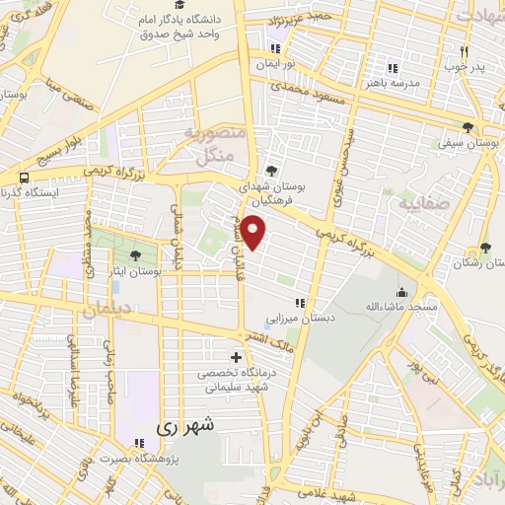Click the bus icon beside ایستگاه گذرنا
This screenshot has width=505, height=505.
(24, 178)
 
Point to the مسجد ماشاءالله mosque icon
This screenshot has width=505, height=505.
(401, 293)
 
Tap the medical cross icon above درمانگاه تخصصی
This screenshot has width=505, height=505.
(235, 357)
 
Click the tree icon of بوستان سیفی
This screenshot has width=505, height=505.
(468, 127)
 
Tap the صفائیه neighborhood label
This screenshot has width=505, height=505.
(421, 206)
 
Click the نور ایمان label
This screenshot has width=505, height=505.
(276, 63)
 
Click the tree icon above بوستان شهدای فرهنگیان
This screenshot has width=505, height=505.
(271, 170)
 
